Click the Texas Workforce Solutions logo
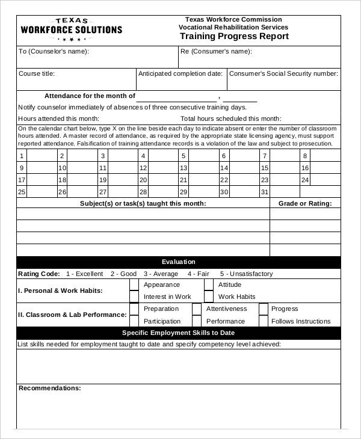tap(71, 29)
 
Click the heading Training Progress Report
tap(234, 36)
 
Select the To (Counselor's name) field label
tap(54, 52)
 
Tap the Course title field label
tap(37, 74)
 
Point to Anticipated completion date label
tap(180, 74)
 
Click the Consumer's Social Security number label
tap(284, 74)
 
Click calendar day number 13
tap(184, 168)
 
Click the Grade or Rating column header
tap(305, 204)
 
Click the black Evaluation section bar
tap(179, 262)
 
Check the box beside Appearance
tap(134, 284)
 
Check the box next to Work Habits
tap(208, 296)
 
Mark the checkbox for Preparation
tap(134, 309)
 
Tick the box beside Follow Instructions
tap(264, 321)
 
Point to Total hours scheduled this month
tap(231, 118)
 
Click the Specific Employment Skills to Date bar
tap(179, 333)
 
